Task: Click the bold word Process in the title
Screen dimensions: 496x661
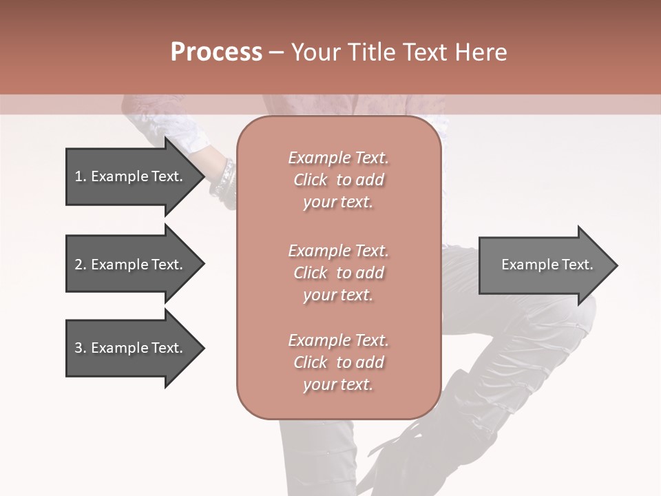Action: pyautogui.click(x=216, y=52)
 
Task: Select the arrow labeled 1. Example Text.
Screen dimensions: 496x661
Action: pyautogui.click(x=131, y=176)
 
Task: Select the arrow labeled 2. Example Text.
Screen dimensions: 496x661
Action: pyautogui.click(x=131, y=265)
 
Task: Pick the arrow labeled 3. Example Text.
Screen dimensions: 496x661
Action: pyautogui.click(x=131, y=348)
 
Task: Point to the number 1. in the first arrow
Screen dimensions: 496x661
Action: pyautogui.click(x=81, y=176)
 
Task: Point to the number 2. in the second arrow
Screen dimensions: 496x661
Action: pyautogui.click(x=81, y=265)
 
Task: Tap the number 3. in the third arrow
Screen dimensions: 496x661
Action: pyautogui.click(x=81, y=348)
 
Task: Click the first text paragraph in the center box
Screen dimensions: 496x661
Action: pyautogui.click(x=338, y=180)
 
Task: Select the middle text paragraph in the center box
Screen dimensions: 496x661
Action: pyautogui.click(x=338, y=272)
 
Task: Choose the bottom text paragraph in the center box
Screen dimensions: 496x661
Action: pyautogui.click(x=338, y=362)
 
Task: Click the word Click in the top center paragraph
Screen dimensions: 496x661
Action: pyautogui.click(x=311, y=180)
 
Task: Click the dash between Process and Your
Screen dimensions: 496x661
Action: pyautogui.click(x=276, y=52)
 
